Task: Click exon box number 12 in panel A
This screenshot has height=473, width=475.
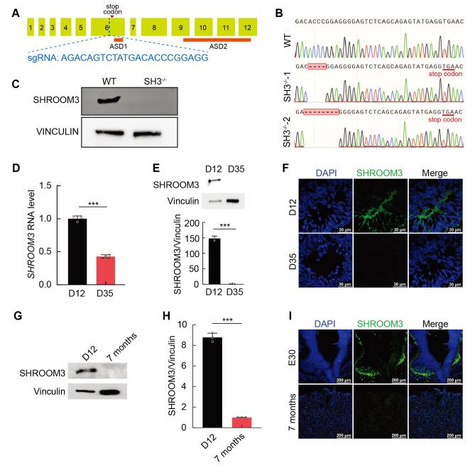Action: click(246, 28)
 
